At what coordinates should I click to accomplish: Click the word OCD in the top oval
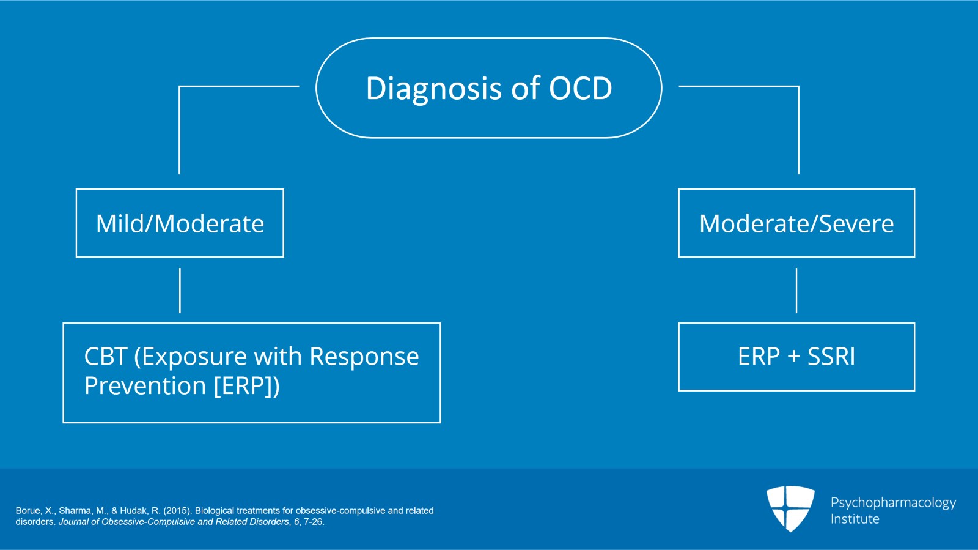coord(580,89)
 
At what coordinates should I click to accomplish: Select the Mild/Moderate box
coord(180,223)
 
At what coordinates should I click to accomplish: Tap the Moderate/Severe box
coord(796,223)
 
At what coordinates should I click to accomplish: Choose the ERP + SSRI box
coord(796,357)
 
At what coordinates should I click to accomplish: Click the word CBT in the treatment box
coord(105,357)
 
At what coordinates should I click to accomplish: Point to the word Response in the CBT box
coord(364,357)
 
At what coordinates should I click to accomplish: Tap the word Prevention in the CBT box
coord(145,386)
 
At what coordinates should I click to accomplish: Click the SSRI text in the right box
coord(831,357)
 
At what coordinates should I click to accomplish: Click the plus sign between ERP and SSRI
coord(793,357)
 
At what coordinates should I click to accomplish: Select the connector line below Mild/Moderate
coord(180,290)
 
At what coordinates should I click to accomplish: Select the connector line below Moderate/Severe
coord(796,290)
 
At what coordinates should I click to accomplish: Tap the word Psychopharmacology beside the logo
coord(892,503)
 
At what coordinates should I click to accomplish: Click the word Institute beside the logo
coord(855,519)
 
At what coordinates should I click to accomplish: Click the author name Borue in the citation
coord(28,510)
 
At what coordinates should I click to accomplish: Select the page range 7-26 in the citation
coord(313,522)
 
